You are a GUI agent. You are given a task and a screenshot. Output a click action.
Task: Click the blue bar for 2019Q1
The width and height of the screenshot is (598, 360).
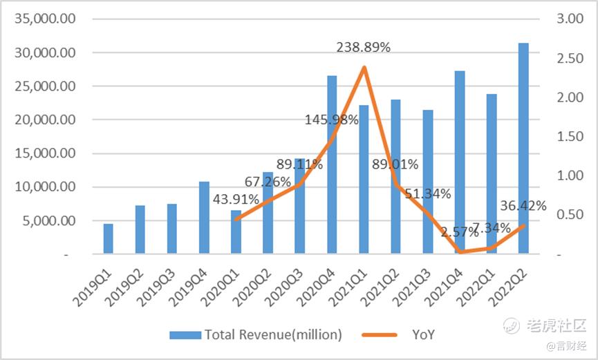coord(108,239)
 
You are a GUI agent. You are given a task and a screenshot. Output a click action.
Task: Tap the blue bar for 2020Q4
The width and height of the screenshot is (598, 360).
coord(332,165)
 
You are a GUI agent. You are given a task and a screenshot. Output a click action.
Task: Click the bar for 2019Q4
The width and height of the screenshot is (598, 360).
coord(204,218)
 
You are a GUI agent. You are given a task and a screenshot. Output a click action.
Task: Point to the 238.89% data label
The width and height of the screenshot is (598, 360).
coord(364,48)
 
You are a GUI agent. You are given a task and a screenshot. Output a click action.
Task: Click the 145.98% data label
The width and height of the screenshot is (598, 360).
coord(332,120)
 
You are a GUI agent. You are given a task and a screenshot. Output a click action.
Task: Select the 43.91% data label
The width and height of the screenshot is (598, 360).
coord(236,199)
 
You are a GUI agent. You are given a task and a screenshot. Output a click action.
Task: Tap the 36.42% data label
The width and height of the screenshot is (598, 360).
coord(523,206)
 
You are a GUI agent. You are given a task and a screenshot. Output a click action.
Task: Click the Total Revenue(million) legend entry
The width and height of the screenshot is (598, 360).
coord(273,335)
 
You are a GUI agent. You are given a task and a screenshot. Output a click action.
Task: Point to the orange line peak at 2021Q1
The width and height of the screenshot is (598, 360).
coord(364,67)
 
